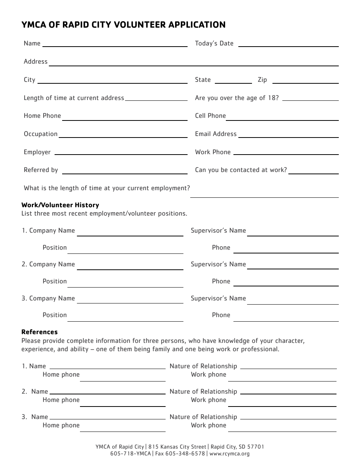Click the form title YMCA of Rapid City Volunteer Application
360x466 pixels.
click(x=124, y=25)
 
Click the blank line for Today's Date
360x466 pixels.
click(x=288, y=45)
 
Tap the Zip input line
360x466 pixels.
click(x=305, y=81)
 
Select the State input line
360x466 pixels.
click(x=233, y=81)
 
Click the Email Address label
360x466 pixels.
click(x=216, y=134)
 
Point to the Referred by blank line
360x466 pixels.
click(x=124, y=172)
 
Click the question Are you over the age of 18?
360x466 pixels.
click(x=237, y=98)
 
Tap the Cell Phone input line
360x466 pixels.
click(x=282, y=117)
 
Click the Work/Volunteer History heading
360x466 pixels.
click(x=60, y=205)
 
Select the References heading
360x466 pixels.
click(x=39, y=332)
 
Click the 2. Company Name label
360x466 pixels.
click(x=48, y=264)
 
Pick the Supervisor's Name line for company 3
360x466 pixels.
click(x=293, y=302)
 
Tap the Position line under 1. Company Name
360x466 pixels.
click(x=125, y=251)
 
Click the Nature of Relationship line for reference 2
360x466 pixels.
click(x=288, y=393)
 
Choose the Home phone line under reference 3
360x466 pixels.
click(x=122, y=429)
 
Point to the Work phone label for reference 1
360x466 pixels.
click(x=208, y=374)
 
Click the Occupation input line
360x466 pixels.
click(x=123, y=136)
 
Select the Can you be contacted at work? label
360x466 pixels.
click(x=241, y=170)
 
